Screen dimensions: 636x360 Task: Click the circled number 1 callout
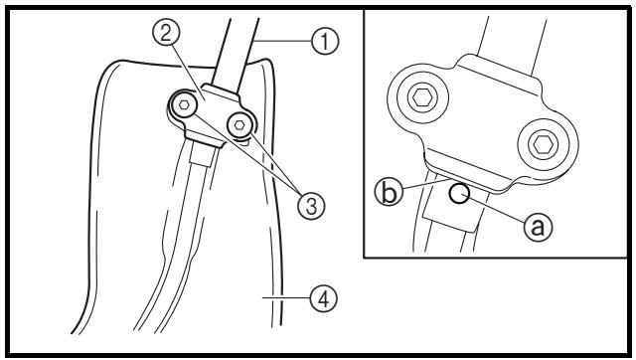[x=325, y=42]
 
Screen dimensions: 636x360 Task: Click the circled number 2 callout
[x=166, y=33]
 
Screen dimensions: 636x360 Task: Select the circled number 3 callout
[x=311, y=206]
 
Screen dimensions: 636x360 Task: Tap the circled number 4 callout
[x=323, y=298]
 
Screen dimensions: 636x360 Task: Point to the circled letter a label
[x=538, y=226]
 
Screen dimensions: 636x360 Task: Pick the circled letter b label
[x=389, y=192]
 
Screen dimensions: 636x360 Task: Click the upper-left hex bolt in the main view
[x=184, y=104]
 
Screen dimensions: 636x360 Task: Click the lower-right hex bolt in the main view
[x=239, y=125]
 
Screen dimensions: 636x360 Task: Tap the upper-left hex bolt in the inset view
[x=422, y=97]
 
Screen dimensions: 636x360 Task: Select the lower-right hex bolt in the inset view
[x=543, y=145]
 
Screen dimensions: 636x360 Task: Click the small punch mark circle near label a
[x=459, y=194]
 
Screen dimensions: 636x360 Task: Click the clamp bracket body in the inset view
[x=483, y=121]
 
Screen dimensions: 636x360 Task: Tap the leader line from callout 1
[x=282, y=41]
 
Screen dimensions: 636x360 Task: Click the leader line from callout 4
[x=286, y=298]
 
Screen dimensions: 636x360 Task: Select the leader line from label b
[x=426, y=184]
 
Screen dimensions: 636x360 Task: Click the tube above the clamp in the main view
[x=236, y=53]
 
